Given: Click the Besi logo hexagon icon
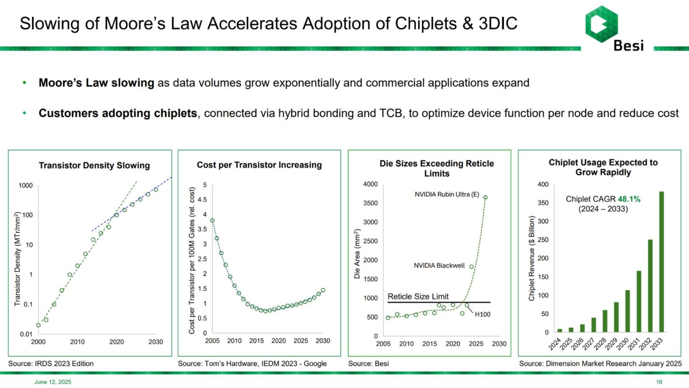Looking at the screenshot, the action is [x=602, y=24].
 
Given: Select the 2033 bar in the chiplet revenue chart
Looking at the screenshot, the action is [x=661, y=262].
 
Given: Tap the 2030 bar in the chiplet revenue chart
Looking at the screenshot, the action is [x=628, y=311].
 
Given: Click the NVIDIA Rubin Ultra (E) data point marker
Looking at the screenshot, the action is [x=485, y=198].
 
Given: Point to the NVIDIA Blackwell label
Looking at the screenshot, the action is [x=439, y=265].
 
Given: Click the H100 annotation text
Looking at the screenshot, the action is [x=483, y=314].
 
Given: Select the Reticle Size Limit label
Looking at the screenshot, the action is [x=418, y=296].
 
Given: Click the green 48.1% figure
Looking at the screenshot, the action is [x=629, y=199].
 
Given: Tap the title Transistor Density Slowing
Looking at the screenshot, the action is [x=95, y=166].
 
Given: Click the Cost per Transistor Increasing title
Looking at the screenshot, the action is [x=259, y=165].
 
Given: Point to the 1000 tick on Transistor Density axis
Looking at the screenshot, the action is [x=26, y=185].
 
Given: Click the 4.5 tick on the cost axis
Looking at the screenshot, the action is [x=202, y=199].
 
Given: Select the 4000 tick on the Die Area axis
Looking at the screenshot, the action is [x=371, y=184].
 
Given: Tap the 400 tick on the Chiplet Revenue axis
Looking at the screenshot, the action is [x=543, y=185].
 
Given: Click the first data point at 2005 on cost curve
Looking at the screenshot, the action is [x=212, y=220].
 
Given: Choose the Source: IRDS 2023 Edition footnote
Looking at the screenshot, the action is [x=51, y=364].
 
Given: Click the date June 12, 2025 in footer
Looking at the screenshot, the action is [x=52, y=382].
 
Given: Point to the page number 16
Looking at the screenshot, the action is [x=659, y=382].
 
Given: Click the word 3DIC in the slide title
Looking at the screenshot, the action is [x=498, y=23].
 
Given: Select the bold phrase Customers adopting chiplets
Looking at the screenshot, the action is [x=118, y=113].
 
